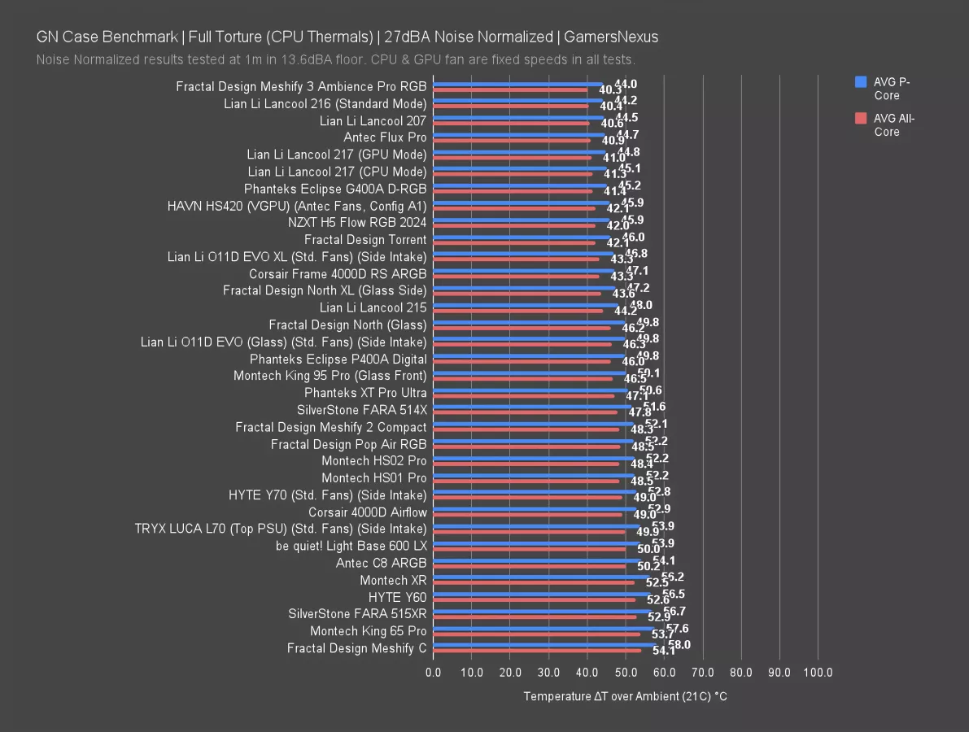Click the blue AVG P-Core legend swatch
click(861, 82)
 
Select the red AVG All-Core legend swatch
click(861, 119)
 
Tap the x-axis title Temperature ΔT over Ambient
click(625, 696)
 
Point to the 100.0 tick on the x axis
click(818, 673)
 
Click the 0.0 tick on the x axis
click(434, 673)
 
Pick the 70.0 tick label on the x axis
click(702, 673)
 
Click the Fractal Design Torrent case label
click(365, 240)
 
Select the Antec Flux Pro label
click(385, 137)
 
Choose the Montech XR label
click(393, 581)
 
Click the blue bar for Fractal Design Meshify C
click(545, 644)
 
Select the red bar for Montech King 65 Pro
click(537, 634)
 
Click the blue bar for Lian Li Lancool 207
click(519, 116)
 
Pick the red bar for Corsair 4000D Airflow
click(527, 515)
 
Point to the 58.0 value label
click(679, 644)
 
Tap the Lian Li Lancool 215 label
click(373, 308)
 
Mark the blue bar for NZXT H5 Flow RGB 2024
click(522, 219)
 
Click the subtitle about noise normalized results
click(335, 59)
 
